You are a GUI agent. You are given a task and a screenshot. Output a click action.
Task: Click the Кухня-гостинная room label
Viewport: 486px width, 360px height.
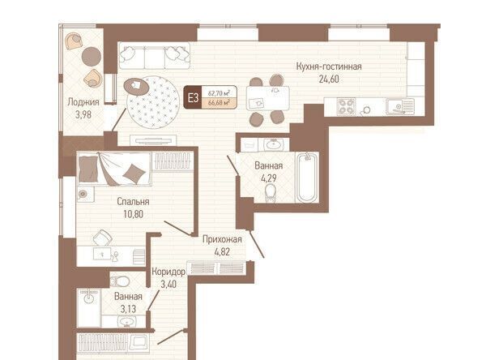pyautogui.click(x=329, y=66)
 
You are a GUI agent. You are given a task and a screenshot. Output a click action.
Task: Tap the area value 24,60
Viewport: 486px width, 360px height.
pyautogui.click(x=329, y=79)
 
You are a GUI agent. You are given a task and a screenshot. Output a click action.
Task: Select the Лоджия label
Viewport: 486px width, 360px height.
pyautogui.click(x=83, y=102)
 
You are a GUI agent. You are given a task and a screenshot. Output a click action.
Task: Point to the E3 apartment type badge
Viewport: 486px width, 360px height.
pyautogui.click(x=193, y=98)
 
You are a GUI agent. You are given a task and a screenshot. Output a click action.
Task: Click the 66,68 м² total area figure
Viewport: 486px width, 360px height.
pyautogui.click(x=220, y=103)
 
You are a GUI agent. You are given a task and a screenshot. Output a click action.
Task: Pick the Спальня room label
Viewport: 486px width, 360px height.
pyautogui.click(x=133, y=202)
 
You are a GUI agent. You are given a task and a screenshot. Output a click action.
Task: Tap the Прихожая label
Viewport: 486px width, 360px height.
pyautogui.click(x=222, y=239)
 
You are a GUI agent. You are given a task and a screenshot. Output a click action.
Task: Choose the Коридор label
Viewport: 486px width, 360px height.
pyautogui.click(x=168, y=272)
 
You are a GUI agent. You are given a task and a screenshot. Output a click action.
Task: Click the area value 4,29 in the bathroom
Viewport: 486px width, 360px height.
pyautogui.click(x=268, y=178)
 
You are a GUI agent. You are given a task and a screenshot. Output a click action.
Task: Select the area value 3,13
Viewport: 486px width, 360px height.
pyautogui.click(x=128, y=309)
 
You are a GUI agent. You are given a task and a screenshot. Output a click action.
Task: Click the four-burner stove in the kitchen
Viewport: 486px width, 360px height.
pyautogui.click(x=346, y=107)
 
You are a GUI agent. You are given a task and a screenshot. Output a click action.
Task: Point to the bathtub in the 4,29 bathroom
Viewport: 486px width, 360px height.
pyautogui.click(x=307, y=178)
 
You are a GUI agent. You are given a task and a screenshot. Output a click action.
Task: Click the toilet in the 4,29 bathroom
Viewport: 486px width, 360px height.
pyautogui.click(x=271, y=193)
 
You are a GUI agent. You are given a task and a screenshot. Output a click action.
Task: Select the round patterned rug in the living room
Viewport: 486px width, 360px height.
pyautogui.click(x=153, y=102)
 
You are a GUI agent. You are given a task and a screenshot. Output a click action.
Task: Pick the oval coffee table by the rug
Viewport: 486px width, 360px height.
pyautogui.click(x=136, y=86)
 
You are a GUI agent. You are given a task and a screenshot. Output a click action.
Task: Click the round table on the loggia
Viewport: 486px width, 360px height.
pyautogui.click(x=92, y=57)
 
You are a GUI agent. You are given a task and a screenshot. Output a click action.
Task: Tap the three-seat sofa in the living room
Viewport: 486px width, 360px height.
pyautogui.click(x=155, y=56)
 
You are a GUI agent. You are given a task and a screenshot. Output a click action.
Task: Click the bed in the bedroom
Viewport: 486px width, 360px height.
pyautogui.click(x=114, y=169)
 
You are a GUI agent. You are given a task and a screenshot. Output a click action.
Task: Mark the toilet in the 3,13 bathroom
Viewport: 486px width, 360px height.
pyautogui.click(x=120, y=281)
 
